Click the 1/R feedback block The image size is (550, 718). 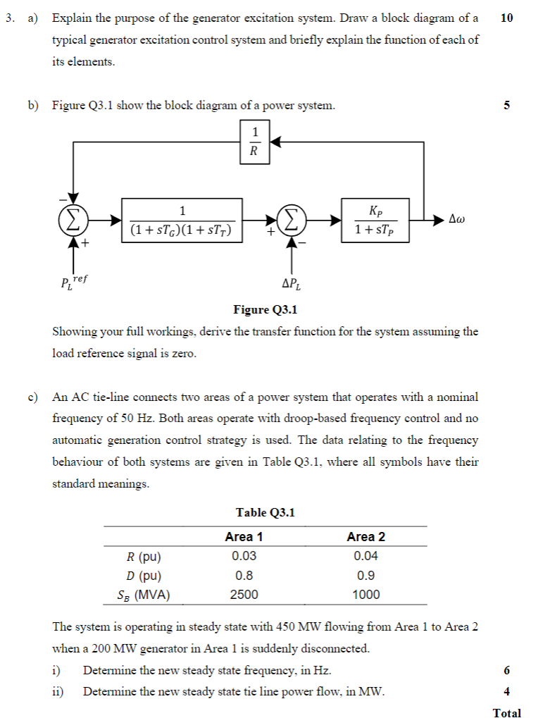coord(255,141)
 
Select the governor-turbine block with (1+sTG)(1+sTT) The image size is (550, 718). coord(182,220)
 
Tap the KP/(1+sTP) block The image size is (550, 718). coord(375,220)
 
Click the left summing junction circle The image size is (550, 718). coord(73,220)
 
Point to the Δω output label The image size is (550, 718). coord(457,220)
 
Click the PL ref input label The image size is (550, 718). coord(73,282)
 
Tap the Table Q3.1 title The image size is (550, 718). coord(265,512)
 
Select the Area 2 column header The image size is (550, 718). coord(365,537)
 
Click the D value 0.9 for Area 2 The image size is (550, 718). coord(366,575)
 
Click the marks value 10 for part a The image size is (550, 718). coord(507,18)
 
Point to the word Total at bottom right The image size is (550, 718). coord(507,712)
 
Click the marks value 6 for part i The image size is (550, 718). coord(507,670)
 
